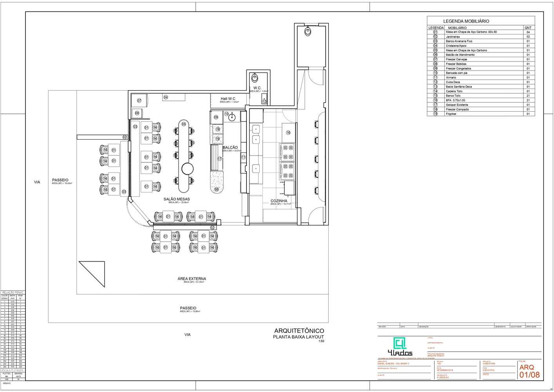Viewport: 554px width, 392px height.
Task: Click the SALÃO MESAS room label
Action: click(177, 199)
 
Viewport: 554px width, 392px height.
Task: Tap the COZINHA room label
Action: click(279, 201)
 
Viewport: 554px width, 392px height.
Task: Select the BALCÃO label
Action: click(230, 147)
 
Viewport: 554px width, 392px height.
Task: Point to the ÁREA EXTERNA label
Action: click(192, 279)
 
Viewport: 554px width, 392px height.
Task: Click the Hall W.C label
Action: click(228, 99)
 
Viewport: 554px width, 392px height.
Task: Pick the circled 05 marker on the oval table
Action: click(184, 124)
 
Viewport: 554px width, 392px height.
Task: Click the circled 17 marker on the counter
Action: click(219, 159)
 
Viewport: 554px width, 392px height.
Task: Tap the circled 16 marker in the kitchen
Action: click(288, 132)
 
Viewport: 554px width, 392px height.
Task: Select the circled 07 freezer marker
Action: click(139, 101)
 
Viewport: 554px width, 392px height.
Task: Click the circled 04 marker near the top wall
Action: click(166, 97)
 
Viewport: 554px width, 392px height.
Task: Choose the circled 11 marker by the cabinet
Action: click(243, 157)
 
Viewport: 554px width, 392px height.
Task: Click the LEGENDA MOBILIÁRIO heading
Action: click(466, 21)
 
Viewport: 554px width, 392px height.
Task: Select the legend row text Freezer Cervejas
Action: click(456, 59)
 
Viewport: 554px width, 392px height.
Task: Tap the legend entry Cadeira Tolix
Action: click(454, 91)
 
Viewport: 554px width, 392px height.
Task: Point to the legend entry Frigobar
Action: click(451, 114)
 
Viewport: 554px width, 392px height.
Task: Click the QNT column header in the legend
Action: click(528, 28)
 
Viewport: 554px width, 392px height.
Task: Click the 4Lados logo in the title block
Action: click(400, 346)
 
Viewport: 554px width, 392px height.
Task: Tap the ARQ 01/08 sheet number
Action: click(529, 371)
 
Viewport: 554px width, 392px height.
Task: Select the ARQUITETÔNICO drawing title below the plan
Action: click(299, 331)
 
